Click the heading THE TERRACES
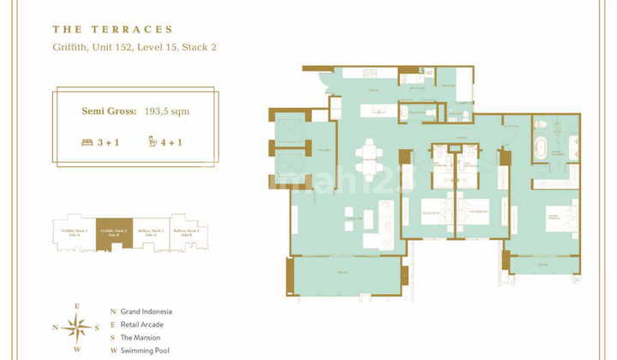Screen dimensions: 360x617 112,29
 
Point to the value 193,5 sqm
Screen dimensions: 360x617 166,111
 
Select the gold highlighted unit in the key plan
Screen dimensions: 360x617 114,231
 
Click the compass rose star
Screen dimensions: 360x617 76,326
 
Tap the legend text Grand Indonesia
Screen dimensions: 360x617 148,312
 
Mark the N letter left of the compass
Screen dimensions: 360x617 55,327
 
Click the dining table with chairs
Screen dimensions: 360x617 369,159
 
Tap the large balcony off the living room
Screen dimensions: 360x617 347,276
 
